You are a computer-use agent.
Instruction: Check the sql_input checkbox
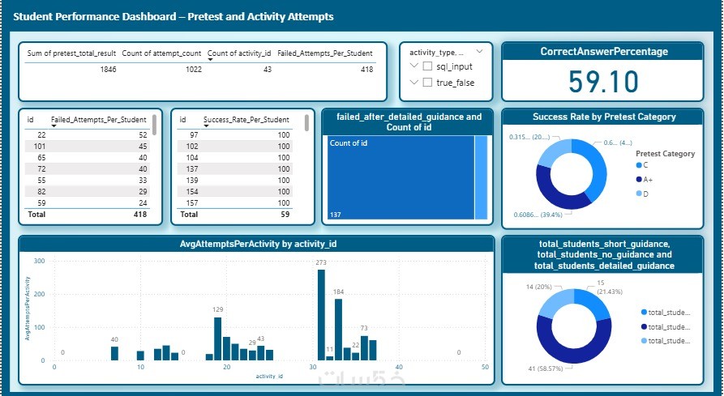tap(427, 66)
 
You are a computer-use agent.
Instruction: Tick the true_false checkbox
tap(427, 82)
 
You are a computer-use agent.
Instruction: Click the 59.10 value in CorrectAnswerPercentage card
tap(602, 82)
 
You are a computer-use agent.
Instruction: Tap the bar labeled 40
tap(114, 353)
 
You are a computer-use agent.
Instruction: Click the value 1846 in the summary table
tap(108, 70)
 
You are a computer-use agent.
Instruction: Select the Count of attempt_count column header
tap(161, 53)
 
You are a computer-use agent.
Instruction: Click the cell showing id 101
tap(35, 147)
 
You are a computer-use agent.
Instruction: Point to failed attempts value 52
tap(143, 134)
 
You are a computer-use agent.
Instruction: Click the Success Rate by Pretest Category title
tap(603, 117)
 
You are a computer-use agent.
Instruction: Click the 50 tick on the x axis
tap(485, 368)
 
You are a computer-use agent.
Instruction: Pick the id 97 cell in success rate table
tap(194, 134)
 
